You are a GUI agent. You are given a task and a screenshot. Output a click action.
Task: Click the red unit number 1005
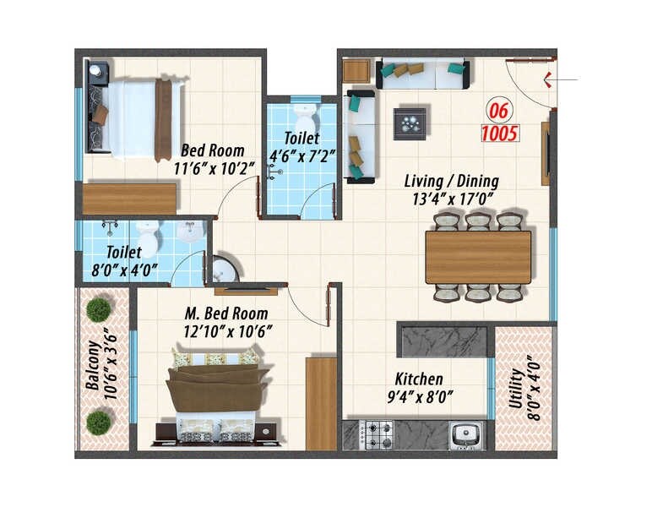pos(500,133)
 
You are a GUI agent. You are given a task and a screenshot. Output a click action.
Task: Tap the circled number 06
pos(498,110)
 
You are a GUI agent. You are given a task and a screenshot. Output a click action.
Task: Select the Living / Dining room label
pos(451,181)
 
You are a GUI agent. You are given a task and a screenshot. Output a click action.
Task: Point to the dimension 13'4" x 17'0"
pos(451,199)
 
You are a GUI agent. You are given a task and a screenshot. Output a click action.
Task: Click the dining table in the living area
pos(478,257)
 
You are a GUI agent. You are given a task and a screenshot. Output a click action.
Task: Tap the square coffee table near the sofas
pos(411,123)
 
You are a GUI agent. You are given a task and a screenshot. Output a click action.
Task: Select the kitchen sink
pos(465,435)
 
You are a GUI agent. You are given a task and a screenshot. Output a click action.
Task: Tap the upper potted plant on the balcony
pos(99,309)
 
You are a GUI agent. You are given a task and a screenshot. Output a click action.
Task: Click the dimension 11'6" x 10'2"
pos(213,168)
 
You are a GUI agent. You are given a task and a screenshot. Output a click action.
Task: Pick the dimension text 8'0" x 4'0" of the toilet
pos(123,270)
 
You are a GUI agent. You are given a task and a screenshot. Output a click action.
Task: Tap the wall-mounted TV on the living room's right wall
pos(546,153)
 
